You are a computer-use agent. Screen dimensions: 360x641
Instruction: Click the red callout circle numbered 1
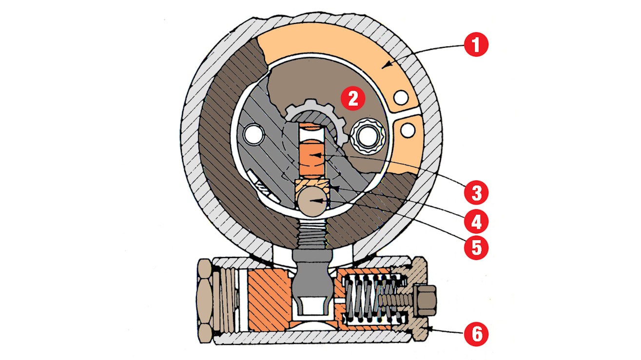click(x=476, y=46)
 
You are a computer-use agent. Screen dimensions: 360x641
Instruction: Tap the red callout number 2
click(x=352, y=99)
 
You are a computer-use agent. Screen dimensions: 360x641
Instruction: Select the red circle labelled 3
click(x=476, y=193)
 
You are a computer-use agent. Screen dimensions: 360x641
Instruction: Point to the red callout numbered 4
click(x=476, y=222)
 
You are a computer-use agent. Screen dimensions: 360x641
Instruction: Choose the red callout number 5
click(x=476, y=247)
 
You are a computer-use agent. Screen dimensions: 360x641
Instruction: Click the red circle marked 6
click(x=476, y=334)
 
